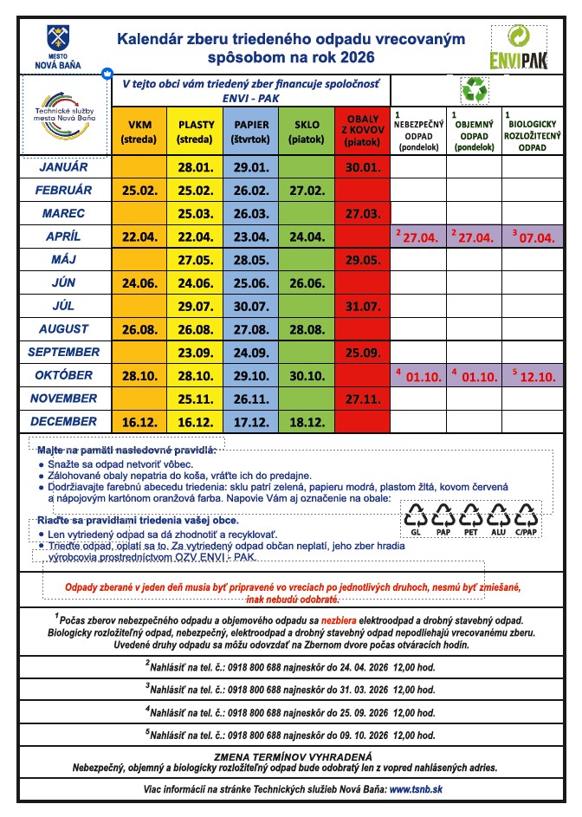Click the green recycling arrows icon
tap(474, 89)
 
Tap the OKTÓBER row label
tap(64, 375)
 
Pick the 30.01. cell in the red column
tap(363, 167)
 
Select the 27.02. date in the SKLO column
tap(307, 191)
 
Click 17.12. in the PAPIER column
tap(251, 422)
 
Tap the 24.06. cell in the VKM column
tap(139, 282)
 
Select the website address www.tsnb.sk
tap(417, 789)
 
